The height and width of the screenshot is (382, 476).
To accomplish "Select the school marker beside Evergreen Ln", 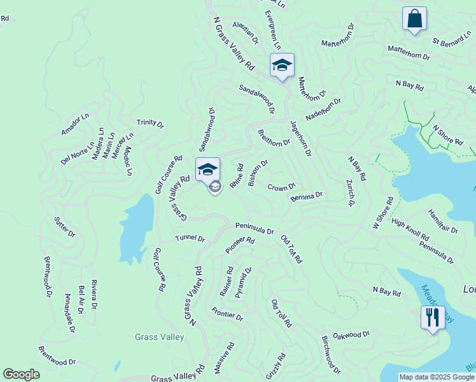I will (282, 65).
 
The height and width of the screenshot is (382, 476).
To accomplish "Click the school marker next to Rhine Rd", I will (207, 170).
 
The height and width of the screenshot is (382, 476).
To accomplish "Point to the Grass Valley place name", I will (159, 337).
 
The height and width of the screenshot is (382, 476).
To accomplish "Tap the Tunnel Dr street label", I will (190, 239).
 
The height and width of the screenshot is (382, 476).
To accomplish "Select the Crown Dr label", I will (281, 187).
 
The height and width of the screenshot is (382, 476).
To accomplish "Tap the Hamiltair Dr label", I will (443, 222).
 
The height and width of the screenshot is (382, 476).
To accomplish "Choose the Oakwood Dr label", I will (351, 335).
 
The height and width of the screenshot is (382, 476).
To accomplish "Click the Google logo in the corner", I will (22, 375).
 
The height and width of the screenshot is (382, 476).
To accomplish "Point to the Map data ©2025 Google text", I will (436, 377).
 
